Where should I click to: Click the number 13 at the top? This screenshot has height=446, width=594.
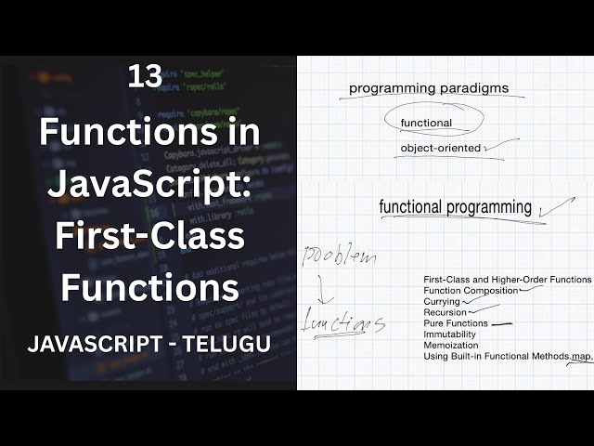pyautogui.click(x=145, y=78)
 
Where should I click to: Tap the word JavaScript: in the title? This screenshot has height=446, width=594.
pyautogui.click(x=149, y=184)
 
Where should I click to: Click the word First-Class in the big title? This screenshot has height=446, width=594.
pyautogui.click(x=149, y=236)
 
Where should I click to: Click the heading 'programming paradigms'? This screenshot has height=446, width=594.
pyautogui.click(x=429, y=90)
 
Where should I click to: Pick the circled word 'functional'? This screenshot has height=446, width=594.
pyautogui.click(x=426, y=123)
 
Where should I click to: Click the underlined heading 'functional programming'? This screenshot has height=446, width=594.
pyautogui.click(x=455, y=207)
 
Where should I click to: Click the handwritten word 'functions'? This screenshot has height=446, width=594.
pyautogui.click(x=342, y=324)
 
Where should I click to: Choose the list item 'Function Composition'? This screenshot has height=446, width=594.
pyautogui.click(x=470, y=291)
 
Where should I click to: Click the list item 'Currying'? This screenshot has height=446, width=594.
pyautogui.click(x=441, y=302)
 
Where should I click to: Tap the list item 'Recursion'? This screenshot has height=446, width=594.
pyautogui.click(x=445, y=313)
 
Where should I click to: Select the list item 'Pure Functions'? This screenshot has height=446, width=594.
pyautogui.click(x=455, y=323)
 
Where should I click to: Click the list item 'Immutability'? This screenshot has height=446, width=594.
pyautogui.click(x=449, y=334)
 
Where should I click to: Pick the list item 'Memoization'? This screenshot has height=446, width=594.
pyautogui.click(x=450, y=346)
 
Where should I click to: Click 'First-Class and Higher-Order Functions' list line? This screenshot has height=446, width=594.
pyautogui.click(x=507, y=280)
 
